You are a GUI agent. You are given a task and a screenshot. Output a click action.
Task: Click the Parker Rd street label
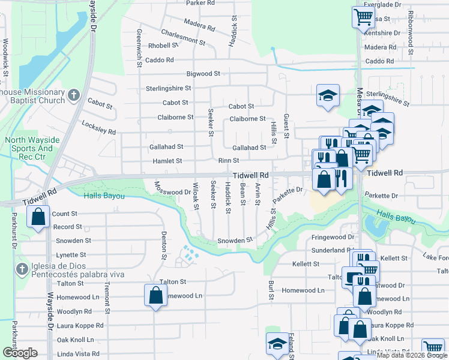[x=200, y=3]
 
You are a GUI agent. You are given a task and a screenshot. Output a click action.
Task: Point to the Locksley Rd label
[x=98, y=127]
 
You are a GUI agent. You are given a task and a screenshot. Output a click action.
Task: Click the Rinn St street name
[x=229, y=161]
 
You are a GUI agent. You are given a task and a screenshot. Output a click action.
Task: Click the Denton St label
[x=163, y=245]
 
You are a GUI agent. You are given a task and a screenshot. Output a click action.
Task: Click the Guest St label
[x=286, y=126]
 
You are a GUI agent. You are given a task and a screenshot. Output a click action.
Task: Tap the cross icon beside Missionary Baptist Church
[x=73, y=95]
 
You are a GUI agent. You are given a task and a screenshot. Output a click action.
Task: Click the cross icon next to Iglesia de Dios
[x=22, y=268]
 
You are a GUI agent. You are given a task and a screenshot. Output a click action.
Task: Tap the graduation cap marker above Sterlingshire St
[x=328, y=95]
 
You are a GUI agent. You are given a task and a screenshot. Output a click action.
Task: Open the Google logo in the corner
[x=20, y=353]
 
